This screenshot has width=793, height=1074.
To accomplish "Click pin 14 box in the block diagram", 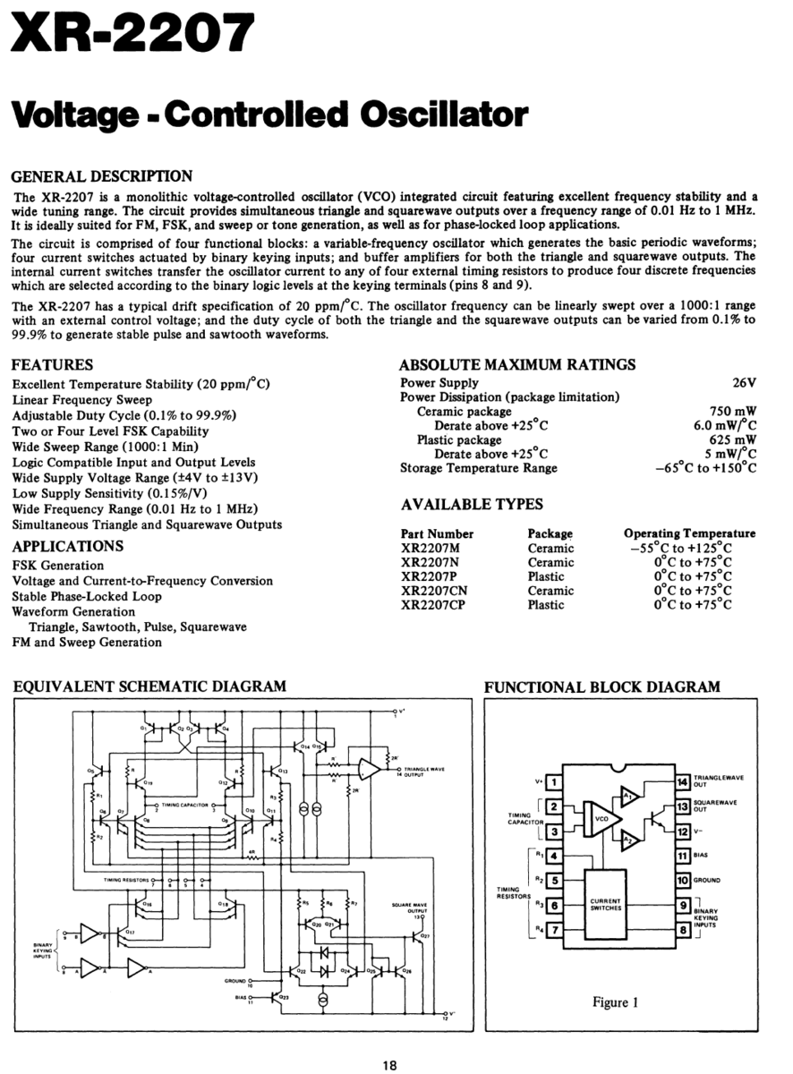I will coord(682,782).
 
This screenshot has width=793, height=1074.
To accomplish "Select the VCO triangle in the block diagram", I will coord(601,817).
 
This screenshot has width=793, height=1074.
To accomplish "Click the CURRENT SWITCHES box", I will coord(611,904).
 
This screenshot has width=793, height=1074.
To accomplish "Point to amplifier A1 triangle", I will coord(629,795).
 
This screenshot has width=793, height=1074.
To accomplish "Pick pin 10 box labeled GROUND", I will coord(682,880).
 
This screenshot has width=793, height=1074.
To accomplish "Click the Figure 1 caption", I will coord(615,1002).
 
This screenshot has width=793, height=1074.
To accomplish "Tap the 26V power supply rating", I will coord(744,382).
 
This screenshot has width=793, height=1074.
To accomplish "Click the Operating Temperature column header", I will coord(689,533).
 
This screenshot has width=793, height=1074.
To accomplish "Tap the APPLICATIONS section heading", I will coord(68,546).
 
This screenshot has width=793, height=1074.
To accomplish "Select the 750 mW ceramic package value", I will coord(732,411).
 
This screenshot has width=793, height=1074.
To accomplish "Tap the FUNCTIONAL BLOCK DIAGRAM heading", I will coord(601,687).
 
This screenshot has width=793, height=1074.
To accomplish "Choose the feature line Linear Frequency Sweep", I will coord(82,400).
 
